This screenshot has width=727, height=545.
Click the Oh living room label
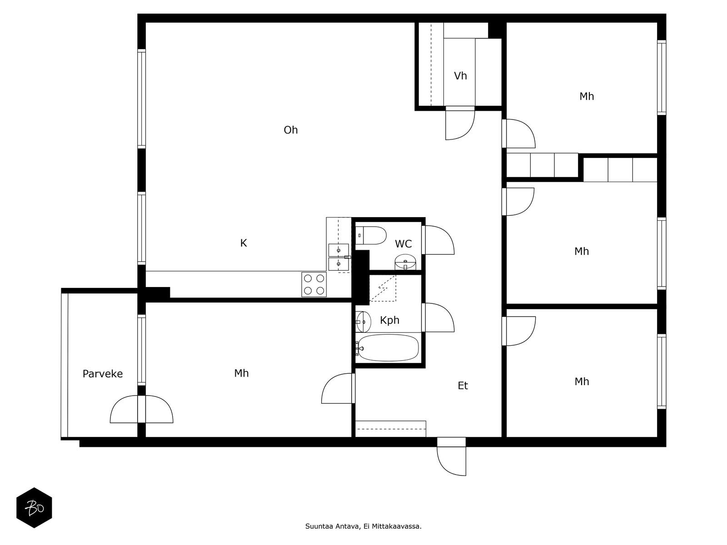[290, 130]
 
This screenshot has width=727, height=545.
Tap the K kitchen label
[244, 243]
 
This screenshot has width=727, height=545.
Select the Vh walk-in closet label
[460, 76]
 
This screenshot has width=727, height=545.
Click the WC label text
[403, 244]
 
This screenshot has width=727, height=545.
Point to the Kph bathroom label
[389, 321]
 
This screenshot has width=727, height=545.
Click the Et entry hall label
[463, 386]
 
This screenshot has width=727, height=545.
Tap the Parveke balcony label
[103, 374]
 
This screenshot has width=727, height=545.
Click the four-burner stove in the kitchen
[314, 285]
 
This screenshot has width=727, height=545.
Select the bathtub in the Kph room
[388, 348]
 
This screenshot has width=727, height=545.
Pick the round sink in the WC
[405, 262]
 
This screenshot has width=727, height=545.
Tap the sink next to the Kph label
[363, 322]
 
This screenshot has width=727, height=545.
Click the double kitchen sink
[339, 257]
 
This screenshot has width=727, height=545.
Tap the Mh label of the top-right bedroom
[587, 97]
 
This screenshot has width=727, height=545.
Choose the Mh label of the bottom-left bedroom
[241, 373]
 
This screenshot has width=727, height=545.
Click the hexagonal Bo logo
[35, 508]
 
